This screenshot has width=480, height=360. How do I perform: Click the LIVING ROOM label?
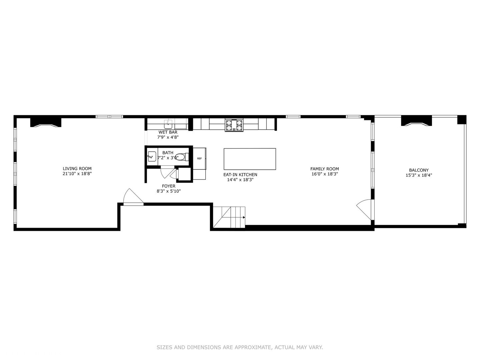[77, 169]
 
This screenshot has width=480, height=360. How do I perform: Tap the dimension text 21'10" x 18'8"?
[77, 174]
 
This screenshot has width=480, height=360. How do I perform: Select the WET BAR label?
[168, 132]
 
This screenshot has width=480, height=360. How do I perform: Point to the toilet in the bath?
[181, 157]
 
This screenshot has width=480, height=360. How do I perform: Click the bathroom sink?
[152, 156]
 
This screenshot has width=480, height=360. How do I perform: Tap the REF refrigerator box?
[199, 159]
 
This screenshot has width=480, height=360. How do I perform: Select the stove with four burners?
[234, 125]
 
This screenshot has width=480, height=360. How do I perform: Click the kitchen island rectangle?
[250, 159]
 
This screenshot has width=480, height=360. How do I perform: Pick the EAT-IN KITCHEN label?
[240, 175]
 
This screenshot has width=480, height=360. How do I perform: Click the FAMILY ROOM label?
[324, 169]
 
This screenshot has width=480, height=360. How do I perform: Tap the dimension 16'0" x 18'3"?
[324, 174]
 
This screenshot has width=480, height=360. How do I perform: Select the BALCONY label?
[419, 170]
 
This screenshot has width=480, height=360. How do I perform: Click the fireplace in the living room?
[46, 122]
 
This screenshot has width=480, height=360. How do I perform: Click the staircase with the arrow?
[229, 217]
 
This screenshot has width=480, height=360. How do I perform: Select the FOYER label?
[168, 186]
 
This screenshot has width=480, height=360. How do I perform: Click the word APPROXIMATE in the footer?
[253, 347]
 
